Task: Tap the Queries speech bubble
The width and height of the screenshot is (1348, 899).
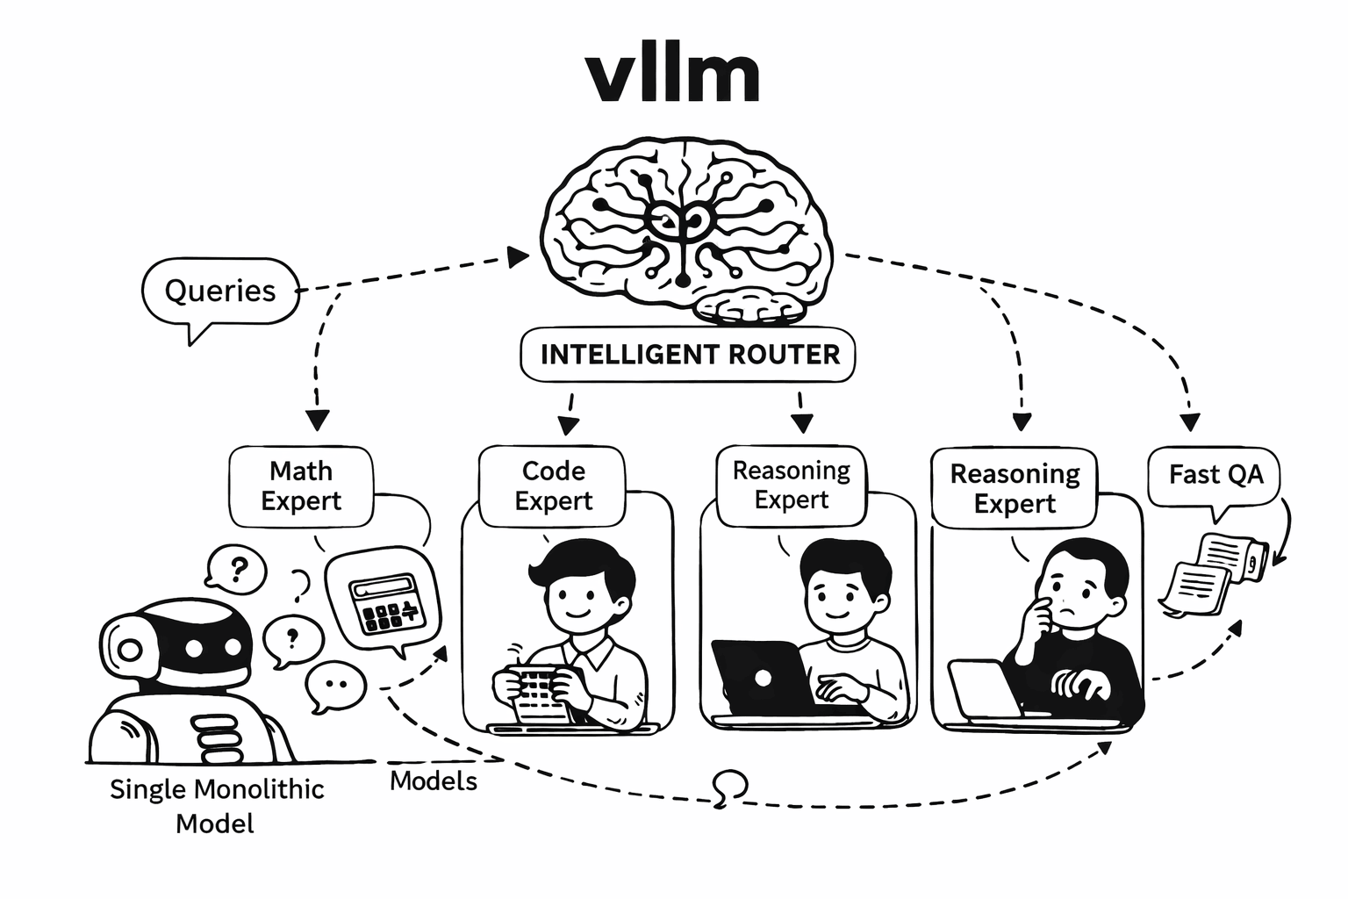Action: point(219,291)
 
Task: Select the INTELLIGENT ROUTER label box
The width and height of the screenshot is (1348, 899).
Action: point(689,355)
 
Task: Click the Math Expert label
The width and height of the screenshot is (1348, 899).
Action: point(301,486)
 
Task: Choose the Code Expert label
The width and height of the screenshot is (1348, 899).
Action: point(553,486)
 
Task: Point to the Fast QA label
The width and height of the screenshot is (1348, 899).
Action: point(1215,475)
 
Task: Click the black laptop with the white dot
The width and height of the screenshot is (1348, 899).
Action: point(760,677)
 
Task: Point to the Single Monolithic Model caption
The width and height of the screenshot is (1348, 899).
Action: point(216,806)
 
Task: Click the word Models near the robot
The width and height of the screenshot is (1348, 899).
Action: point(434,781)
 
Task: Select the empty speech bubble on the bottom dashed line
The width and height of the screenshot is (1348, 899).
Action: point(730,784)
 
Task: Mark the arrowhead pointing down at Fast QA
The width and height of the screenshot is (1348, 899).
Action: point(1190,421)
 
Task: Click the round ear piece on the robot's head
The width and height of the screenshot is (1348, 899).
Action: point(130,650)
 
